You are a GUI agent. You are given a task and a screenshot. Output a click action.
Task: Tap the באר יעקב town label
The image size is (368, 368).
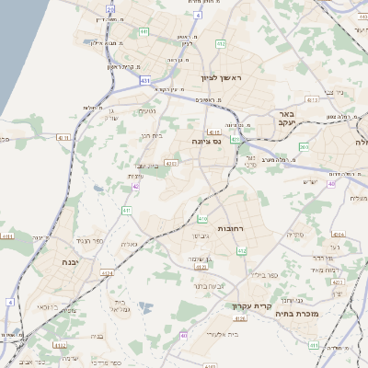tap(284, 120)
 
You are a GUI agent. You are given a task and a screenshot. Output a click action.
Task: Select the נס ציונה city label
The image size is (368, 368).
tap(206, 141)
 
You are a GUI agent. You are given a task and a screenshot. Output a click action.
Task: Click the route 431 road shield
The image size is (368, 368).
tap(145, 81)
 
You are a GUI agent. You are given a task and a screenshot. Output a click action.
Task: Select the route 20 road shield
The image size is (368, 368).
tap(110, 8)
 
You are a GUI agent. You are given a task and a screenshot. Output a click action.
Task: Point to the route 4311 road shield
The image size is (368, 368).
tap(63, 138)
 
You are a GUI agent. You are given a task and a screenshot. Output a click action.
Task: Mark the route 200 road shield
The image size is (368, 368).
tap(304, 147)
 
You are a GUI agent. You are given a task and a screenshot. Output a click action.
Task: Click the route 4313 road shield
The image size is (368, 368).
tap(313, 98)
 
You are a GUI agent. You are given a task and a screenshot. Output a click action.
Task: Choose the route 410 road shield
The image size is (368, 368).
tap(202, 219)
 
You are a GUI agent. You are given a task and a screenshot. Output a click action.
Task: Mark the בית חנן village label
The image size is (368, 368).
tap(151, 136)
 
